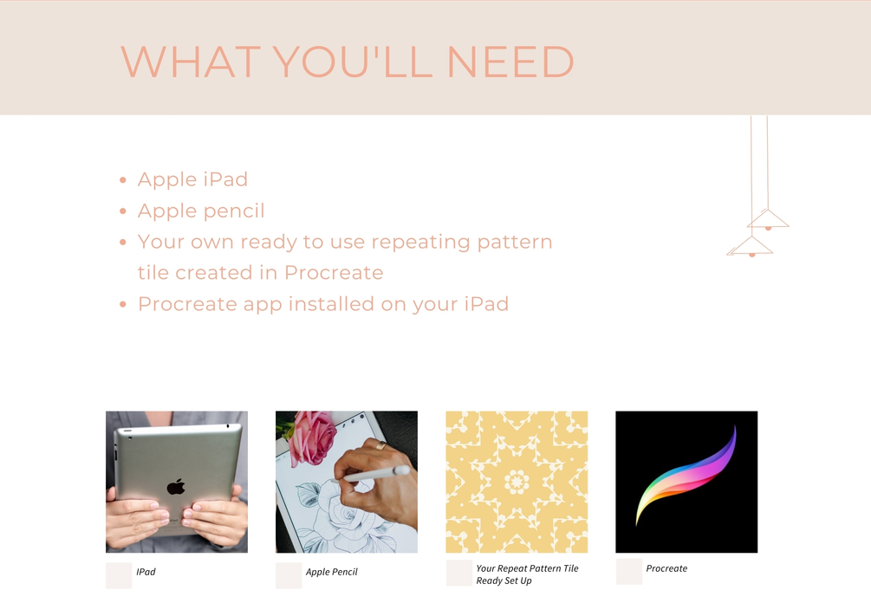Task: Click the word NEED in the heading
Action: pyautogui.click(x=510, y=62)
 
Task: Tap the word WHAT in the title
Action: pyautogui.click(x=191, y=62)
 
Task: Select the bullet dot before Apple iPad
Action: pyautogui.click(x=123, y=179)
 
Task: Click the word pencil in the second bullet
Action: pyautogui.click(x=233, y=211)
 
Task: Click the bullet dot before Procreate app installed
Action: pyautogui.click(x=123, y=304)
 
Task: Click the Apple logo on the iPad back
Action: pyautogui.click(x=176, y=486)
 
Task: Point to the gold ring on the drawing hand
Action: pyautogui.click(x=380, y=444)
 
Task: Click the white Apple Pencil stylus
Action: pyautogui.click(x=377, y=474)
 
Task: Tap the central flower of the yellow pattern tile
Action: pyautogui.click(x=517, y=482)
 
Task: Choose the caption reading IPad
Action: pyautogui.click(x=146, y=572)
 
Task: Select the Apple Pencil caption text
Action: pyautogui.click(x=332, y=572)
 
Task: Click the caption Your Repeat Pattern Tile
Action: pyautogui.click(x=527, y=568)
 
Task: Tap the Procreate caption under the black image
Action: pyautogui.click(x=666, y=568)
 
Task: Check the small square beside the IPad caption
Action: pyautogui.click(x=119, y=575)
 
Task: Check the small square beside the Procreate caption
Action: pyautogui.click(x=629, y=572)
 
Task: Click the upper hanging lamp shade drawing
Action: pyautogui.click(x=768, y=219)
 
